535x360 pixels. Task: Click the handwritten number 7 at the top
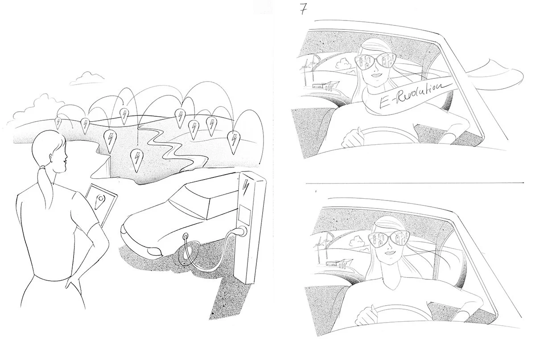tap(303, 10)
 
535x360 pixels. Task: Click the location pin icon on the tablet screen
tap(99, 201)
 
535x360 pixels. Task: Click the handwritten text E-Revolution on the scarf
tap(410, 94)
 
